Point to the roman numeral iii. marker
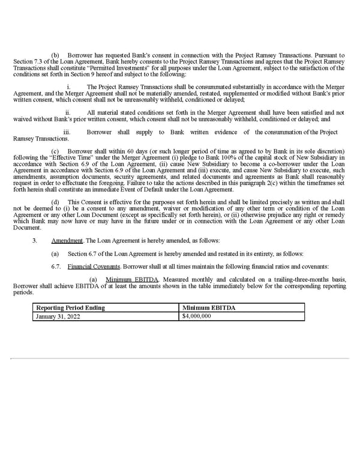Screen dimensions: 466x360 point(67,132)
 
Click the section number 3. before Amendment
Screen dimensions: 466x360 point(35,240)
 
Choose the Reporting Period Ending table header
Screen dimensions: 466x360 point(70,308)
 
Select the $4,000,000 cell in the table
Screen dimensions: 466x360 point(196,316)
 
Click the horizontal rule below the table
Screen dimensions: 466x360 point(179,360)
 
